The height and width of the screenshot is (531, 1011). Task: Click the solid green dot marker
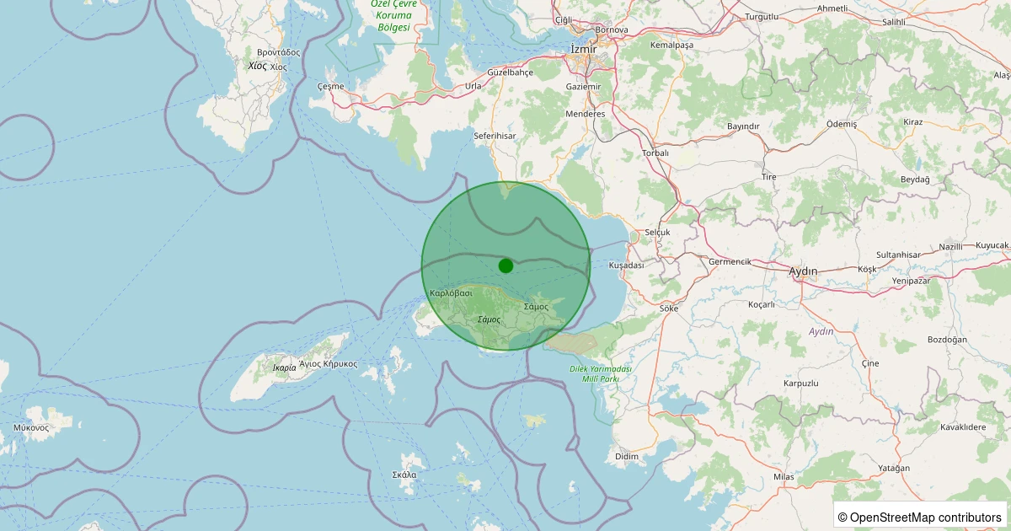pyautogui.click(x=505, y=265)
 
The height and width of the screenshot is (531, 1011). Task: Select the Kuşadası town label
pyautogui.click(x=626, y=265)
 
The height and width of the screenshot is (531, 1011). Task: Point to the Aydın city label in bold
pyautogui.click(x=802, y=271)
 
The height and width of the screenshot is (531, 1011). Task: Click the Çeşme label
pyautogui.click(x=330, y=86)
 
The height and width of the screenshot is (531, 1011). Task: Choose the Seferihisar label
pyautogui.click(x=495, y=135)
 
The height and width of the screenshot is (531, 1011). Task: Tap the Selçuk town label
pyautogui.click(x=657, y=232)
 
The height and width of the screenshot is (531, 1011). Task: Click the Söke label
pyautogui.click(x=669, y=308)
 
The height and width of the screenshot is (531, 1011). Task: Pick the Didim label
pyautogui.click(x=627, y=456)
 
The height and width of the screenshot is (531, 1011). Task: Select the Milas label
pyautogui.click(x=784, y=477)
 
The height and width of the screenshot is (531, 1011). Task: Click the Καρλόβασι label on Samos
pyautogui.click(x=451, y=293)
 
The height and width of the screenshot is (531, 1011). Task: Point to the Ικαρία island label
pyautogui.click(x=285, y=367)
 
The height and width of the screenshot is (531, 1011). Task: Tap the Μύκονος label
pyautogui.click(x=31, y=427)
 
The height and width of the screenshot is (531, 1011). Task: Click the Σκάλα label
pyautogui.click(x=404, y=475)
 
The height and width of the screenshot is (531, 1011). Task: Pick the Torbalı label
pyautogui.click(x=655, y=153)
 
